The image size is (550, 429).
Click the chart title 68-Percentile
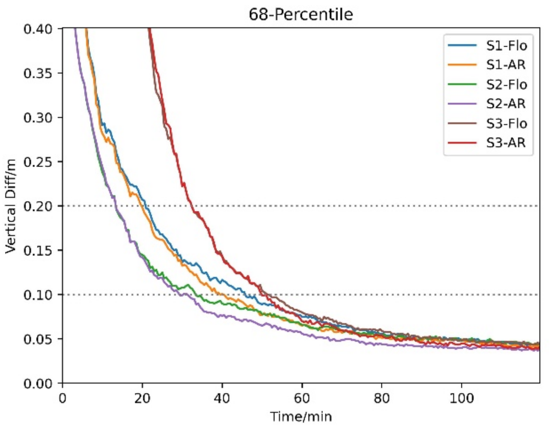301,14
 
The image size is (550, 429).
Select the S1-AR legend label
506,65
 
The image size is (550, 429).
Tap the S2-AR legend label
506,104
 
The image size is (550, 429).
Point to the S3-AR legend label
506,143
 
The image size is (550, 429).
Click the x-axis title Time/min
301,416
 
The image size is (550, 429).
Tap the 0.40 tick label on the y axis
38,29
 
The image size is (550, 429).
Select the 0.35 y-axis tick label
38,73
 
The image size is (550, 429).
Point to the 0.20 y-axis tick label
38,206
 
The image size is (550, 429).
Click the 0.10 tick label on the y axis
38,295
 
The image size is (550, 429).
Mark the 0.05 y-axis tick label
38,339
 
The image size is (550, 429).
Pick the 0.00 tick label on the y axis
38,383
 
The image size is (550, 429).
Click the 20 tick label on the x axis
142,398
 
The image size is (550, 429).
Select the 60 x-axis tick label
302,398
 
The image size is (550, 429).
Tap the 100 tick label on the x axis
462,398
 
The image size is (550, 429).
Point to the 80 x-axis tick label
382,398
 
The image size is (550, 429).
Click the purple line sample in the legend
462,104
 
